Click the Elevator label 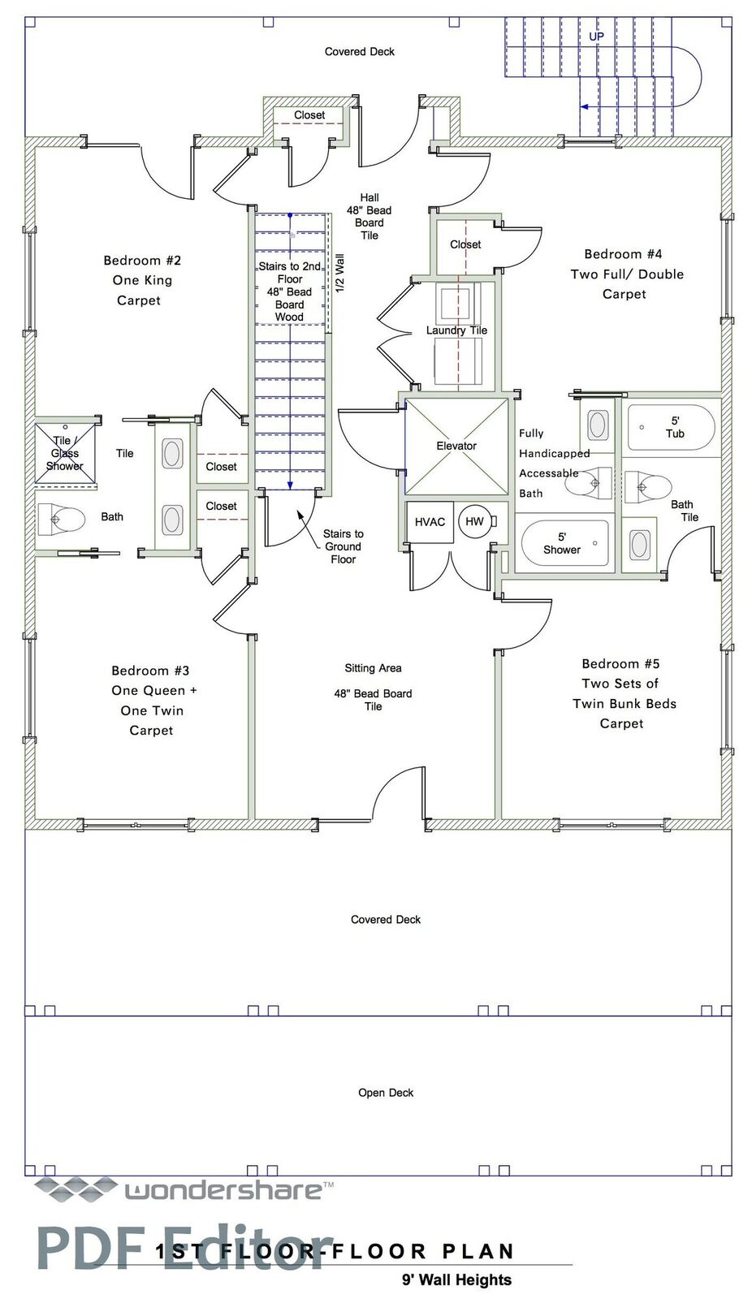456,446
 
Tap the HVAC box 430,522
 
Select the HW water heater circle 474,521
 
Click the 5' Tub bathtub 672,427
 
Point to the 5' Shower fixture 564,543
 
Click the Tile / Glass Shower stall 65,454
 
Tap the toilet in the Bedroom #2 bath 62,519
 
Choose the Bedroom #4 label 623,254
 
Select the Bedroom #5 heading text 620,663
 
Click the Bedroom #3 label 150,671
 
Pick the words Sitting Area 373,668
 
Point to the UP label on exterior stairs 597,37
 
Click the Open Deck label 386,1093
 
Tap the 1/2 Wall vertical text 340,273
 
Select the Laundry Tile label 456,330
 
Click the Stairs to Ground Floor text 343,546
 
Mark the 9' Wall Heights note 457,1280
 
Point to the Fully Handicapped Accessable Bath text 554,464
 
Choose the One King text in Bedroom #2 142,280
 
